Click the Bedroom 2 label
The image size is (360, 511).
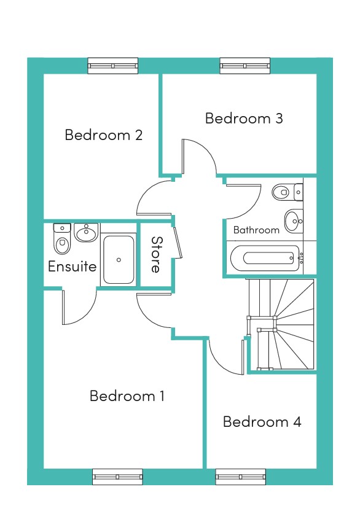[x=104, y=135]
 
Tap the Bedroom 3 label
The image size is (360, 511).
[x=244, y=118]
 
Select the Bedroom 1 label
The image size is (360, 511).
[x=127, y=396]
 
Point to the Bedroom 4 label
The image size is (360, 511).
[x=262, y=422]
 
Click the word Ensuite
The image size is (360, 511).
[x=72, y=267]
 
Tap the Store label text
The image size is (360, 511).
[x=157, y=254]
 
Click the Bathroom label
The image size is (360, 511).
[x=256, y=230]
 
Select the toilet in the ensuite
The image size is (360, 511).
[x=62, y=239]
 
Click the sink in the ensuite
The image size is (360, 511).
[x=87, y=232]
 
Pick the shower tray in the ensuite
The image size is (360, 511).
[x=119, y=260]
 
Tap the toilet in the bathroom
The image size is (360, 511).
[x=288, y=192]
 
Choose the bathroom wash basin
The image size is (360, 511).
[x=294, y=221]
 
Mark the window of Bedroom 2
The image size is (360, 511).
[x=113, y=66]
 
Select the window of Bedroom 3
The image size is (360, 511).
[x=245, y=66]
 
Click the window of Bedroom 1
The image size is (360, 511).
[x=117, y=477]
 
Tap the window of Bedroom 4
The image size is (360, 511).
[x=241, y=477]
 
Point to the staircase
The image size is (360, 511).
[x=281, y=324]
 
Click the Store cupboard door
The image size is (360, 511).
[x=178, y=243]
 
